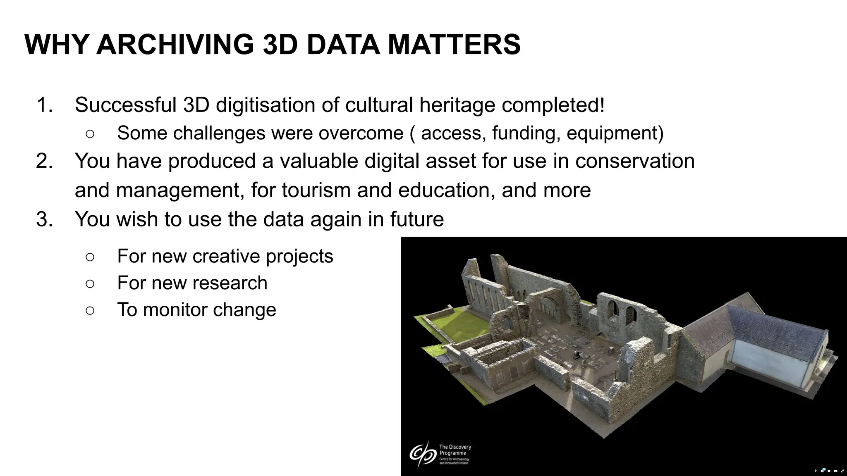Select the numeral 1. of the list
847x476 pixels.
(x=45, y=105)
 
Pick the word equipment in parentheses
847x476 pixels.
(x=615, y=133)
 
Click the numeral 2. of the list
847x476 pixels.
(x=45, y=161)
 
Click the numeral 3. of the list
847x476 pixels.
(x=45, y=219)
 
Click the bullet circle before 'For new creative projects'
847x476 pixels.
(x=90, y=257)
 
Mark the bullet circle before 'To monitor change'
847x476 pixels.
(x=90, y=310)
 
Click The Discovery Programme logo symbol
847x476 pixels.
(x=421, y=454)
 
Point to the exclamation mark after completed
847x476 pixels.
(x=602, y=105)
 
